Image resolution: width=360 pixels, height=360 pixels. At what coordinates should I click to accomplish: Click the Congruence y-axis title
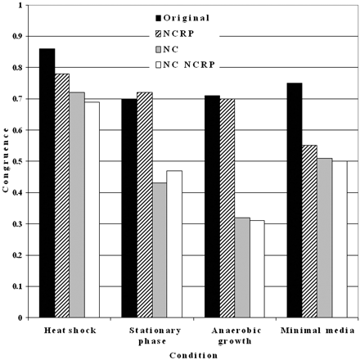(7, 160)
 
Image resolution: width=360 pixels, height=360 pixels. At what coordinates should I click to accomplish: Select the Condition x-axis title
(193, 354)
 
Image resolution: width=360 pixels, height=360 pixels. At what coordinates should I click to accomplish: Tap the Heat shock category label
(70, 329)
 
